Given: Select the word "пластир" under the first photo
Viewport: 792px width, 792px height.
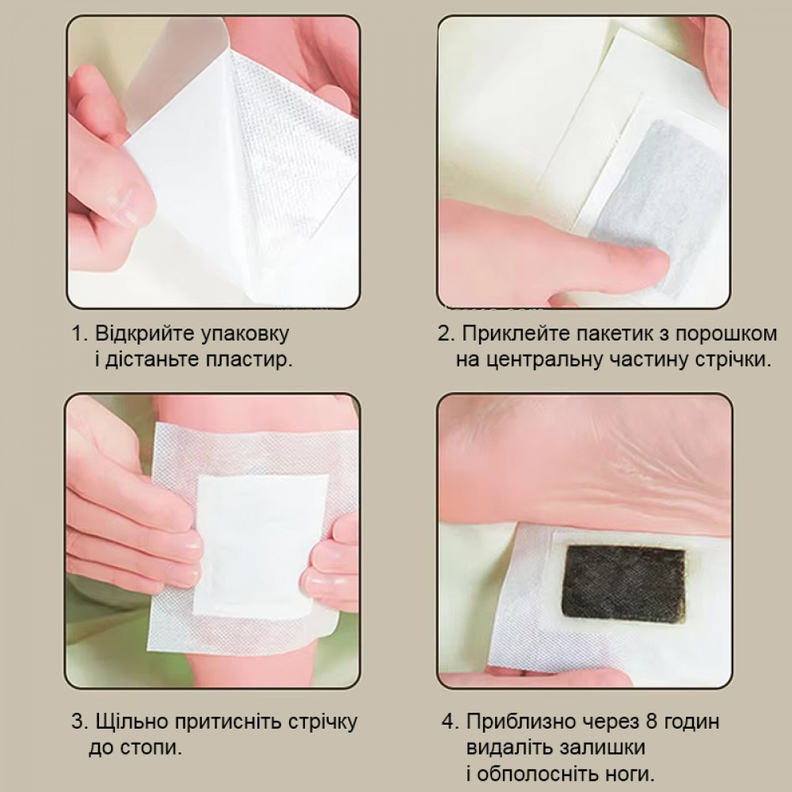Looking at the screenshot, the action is (247, 360).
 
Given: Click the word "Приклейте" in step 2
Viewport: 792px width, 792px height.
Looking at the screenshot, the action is (516, 334).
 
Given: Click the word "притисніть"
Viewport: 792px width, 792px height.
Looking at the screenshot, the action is (228, 722).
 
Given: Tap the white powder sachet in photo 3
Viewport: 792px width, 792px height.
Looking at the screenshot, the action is (260, 546).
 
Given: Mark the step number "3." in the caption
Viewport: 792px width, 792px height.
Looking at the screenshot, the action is (80, 722).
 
